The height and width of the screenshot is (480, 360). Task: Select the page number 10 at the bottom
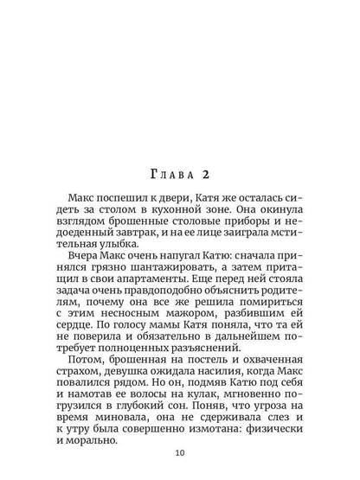[180, 451]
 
